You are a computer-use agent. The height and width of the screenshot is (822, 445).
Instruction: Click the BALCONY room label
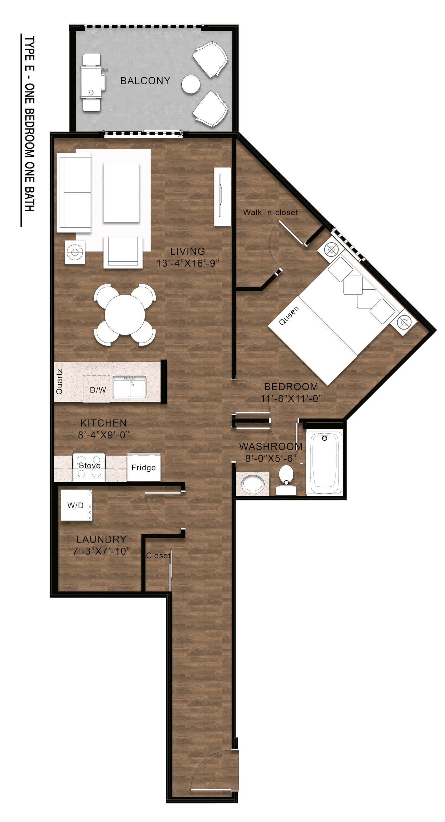145,81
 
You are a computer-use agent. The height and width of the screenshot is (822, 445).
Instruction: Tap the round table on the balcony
191,84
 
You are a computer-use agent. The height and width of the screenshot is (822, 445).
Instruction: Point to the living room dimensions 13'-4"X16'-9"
188,263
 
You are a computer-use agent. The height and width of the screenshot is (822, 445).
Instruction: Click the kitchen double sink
130,387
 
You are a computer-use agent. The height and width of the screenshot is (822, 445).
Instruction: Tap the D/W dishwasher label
98,390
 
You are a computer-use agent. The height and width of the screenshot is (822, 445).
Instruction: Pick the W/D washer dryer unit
77,505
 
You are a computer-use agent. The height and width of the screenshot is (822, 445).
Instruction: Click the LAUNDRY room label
101,539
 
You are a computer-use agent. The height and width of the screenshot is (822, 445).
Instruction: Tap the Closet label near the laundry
158,556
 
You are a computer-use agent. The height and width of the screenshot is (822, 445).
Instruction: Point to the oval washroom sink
253,484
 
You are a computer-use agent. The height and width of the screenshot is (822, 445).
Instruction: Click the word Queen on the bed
289,315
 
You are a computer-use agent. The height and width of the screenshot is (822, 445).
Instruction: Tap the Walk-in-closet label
270,212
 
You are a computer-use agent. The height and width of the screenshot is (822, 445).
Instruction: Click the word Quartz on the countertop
59,381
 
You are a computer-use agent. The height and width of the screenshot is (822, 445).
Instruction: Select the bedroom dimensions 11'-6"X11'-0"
291,399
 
